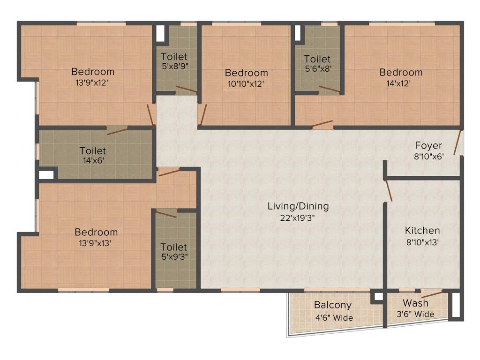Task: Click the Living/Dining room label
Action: pos(298,206)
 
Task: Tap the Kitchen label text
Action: pos(422,231)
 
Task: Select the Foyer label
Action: pos(428,145)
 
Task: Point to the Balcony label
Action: pos(333,305)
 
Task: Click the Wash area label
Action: pos(415,303)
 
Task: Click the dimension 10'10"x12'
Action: pos(246,84)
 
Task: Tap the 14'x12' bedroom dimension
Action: pos(401,84)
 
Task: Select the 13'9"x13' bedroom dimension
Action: pos(96,243)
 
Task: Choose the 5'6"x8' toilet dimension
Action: pos(317,68)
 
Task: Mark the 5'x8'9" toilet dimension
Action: pos(174,66)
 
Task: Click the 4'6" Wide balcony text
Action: pos(334,318)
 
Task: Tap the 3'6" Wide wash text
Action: pos(415,314)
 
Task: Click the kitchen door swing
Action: pos(388,191)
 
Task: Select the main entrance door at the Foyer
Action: pos(457,143)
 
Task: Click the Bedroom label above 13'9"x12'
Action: pos(93,72)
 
